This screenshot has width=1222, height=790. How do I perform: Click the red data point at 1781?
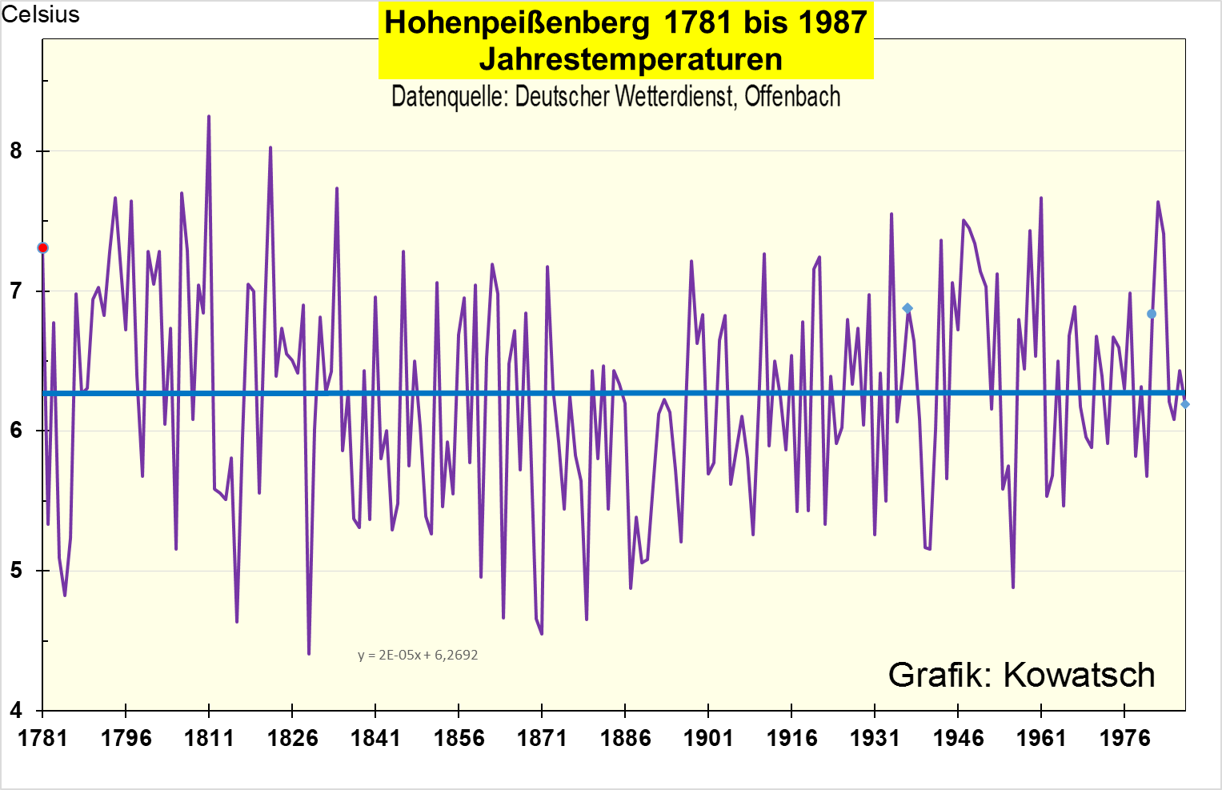42,248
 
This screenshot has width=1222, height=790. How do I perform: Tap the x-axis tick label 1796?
126,738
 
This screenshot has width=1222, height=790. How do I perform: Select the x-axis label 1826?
292,738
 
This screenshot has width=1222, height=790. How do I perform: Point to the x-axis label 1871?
542,738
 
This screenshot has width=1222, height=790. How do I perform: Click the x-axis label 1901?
708,738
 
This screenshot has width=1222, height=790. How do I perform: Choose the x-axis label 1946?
958,738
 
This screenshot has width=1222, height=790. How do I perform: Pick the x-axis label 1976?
1124,738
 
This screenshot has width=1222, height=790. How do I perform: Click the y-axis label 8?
16,151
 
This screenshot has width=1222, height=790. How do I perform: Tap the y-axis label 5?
16,571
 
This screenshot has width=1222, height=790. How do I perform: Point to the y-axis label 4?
16,710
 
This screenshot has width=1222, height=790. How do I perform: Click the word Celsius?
41,14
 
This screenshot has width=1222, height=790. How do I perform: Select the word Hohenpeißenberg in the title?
517,22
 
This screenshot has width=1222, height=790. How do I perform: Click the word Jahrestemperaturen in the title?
631,59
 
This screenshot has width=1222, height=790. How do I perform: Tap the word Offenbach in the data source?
792,97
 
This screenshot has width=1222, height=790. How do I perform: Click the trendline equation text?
418,655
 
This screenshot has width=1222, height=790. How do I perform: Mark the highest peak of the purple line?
209,116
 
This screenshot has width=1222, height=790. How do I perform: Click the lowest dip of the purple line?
309,654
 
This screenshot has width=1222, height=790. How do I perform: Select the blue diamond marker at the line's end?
1185,404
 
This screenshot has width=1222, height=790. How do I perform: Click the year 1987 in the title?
832,22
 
